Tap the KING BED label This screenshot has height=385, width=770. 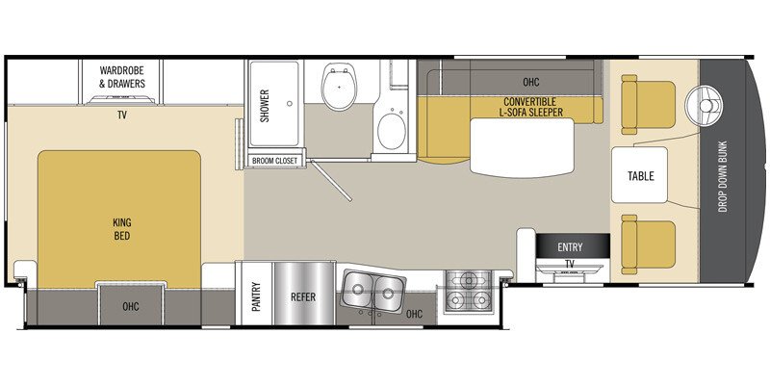pyautogui.click(x=120, y=229)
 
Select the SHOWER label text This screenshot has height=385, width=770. pyautogui.click(x=265, y=106)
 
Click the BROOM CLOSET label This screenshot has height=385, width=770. pyautogui.click(x=275, y=161)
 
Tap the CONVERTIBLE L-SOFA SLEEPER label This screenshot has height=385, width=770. pyautogui.click(x=530, y=107)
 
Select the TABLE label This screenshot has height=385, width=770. pyautogui.click(x=640, y=176)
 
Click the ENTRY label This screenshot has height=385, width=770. pyautogui.click(x=570, y=247)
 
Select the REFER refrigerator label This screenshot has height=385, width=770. pyautogui.click(x=303, y=297)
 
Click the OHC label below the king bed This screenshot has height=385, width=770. pyautogui.click(x=130, y=309)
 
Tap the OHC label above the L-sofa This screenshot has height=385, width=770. pyautogui.click(x=530, y=82)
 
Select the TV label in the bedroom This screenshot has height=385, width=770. pyautogui.click(x=122, y=114)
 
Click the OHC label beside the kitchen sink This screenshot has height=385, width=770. pyautogui.click(x=415, y=314)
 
